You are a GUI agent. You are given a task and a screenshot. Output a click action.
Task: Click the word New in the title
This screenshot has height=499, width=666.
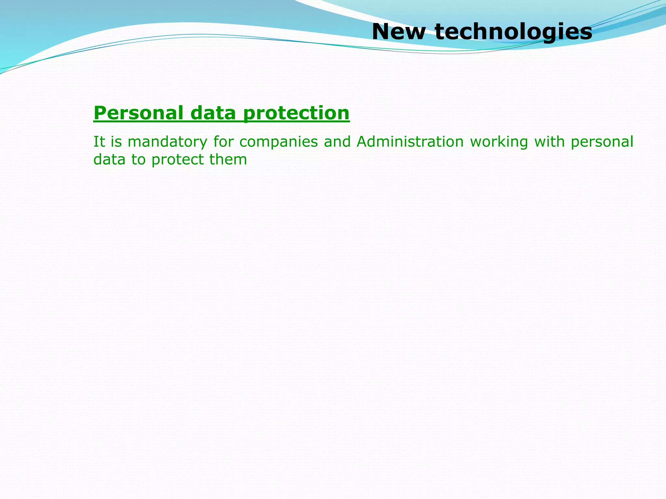(x=398, y=32)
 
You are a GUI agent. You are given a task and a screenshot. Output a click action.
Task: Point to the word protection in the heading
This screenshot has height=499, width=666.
(x=296, y=114)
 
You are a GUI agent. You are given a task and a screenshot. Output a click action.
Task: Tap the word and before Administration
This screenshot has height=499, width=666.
(x=337, y=142)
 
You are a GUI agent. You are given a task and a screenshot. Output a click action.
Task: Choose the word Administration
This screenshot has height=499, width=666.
(x=410, y=142)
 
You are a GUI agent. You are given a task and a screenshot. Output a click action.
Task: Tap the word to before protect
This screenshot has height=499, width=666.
(x=138, y=160)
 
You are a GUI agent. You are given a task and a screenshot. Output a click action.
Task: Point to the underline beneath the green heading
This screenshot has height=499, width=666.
(x=221, y=122)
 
